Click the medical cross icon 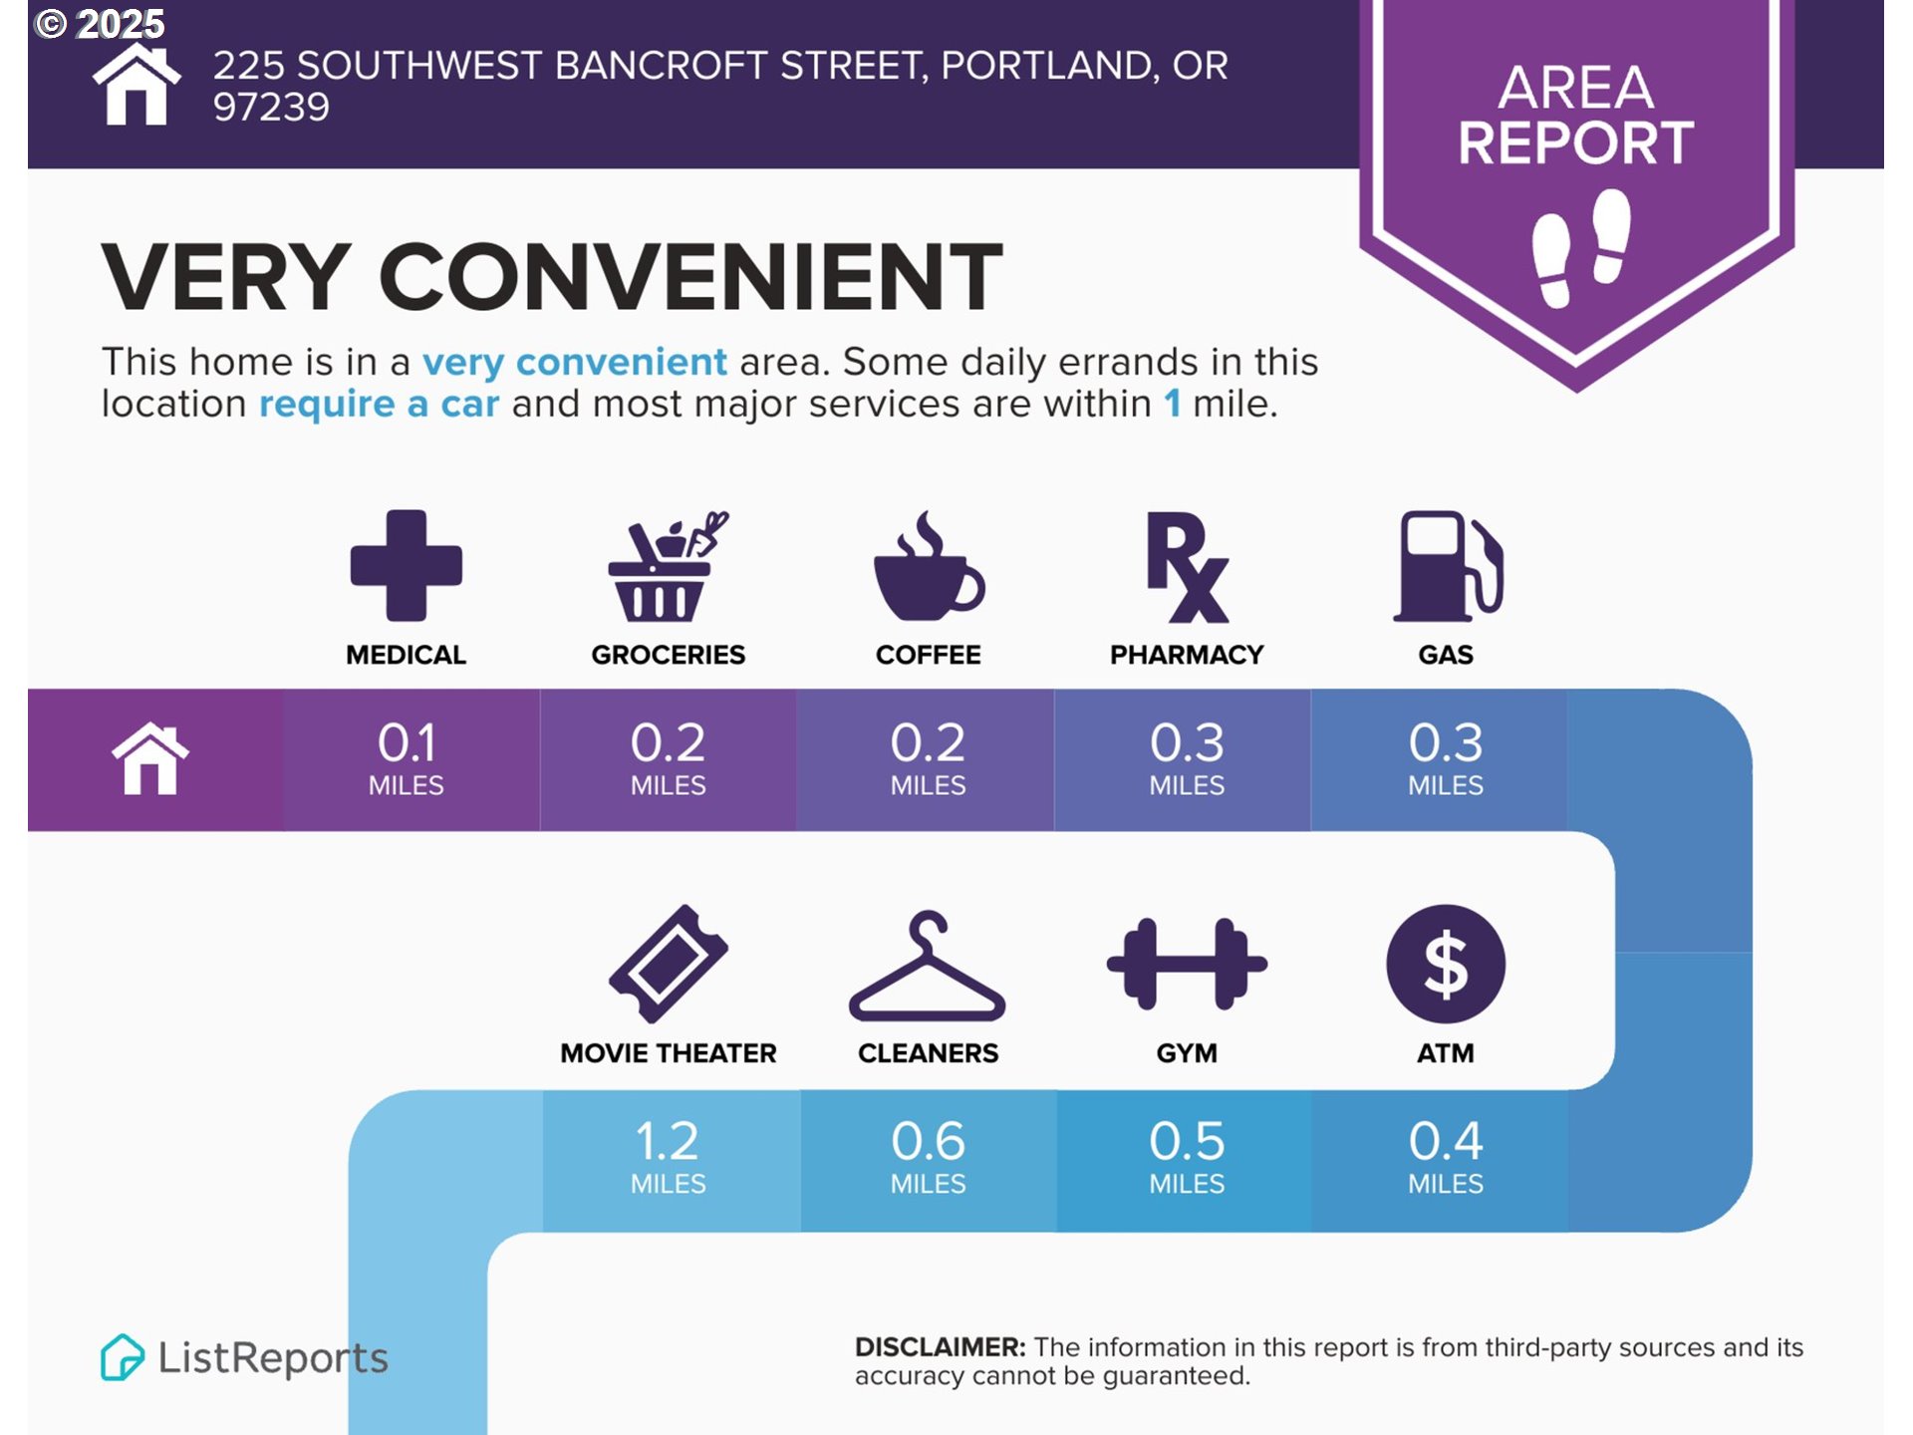[407, 565]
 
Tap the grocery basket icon [668, 566]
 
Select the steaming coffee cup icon [929, 565]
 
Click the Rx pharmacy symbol [1187, 567]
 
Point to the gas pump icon [1448, 566]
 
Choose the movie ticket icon [669, 964]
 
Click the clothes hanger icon [928, 966]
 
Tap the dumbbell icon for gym [1187, 964]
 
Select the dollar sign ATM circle [1446, 964]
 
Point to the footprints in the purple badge [1581, 247]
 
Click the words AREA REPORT [1576, 115]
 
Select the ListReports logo [244, 1357]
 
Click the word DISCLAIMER [940, 1347]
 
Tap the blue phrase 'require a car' [379, 404]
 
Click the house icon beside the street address [137, 85]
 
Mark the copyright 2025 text [100, 24]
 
